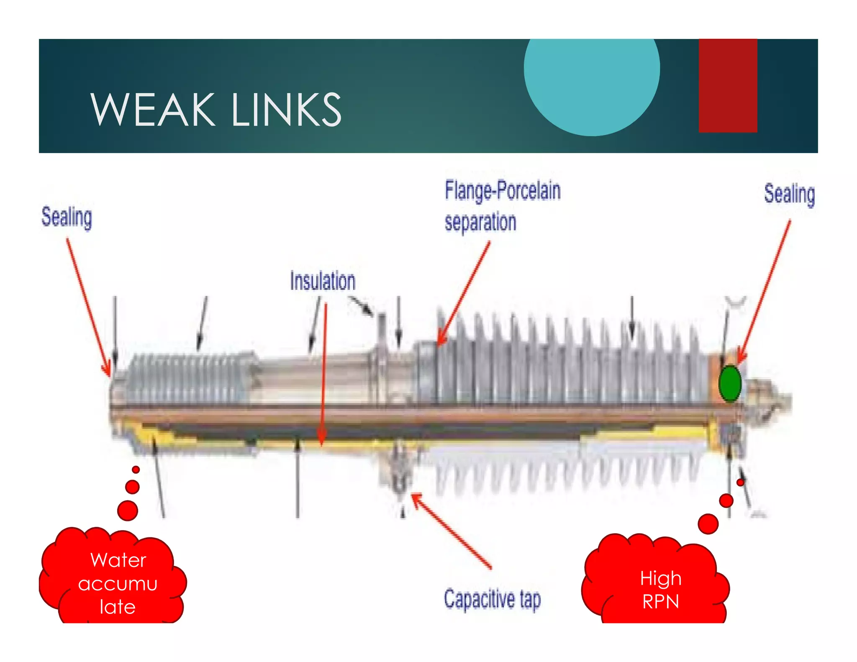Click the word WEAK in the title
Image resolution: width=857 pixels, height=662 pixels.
152,110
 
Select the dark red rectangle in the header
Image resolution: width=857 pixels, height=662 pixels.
728,86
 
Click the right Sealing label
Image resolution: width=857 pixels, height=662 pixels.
789,195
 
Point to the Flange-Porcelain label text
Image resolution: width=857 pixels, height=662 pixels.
503,191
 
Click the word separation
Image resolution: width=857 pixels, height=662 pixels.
480,222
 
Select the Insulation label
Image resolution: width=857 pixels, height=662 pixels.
323,281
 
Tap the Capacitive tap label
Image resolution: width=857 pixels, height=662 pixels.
492,599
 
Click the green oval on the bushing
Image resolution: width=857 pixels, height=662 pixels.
730,384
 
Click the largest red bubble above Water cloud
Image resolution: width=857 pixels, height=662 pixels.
128,510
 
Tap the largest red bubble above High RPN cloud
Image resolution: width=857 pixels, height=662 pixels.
708,523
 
